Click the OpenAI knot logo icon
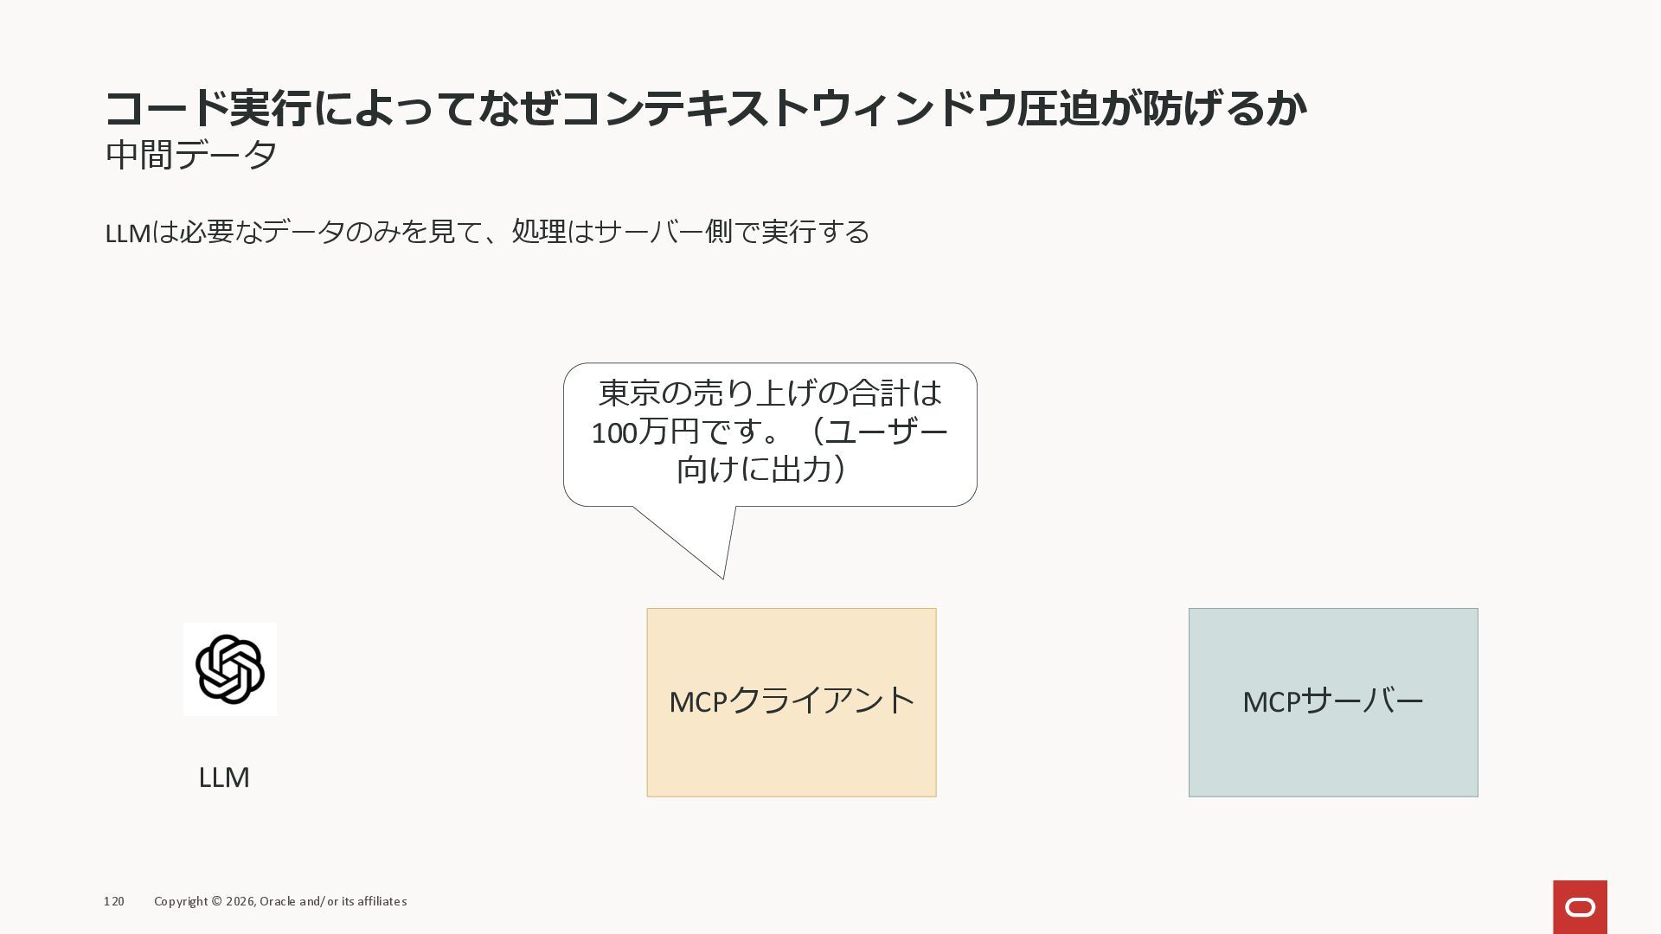coord(230,669)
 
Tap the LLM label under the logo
coord(224,777)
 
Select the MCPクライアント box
coord(791,701)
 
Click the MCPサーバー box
coord(1332,701)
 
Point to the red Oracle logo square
coord(1580,906)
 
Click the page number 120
coord(113,901)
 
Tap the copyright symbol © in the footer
coord(216,901)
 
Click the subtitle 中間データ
coord(191,155)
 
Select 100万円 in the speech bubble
coord(645,432)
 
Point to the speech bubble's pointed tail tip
coord(722,577)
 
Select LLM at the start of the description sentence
coord(127,233)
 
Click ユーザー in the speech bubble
coord(888,432)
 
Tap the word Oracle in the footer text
coord(277,901)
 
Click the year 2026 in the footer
coord(240,901)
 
